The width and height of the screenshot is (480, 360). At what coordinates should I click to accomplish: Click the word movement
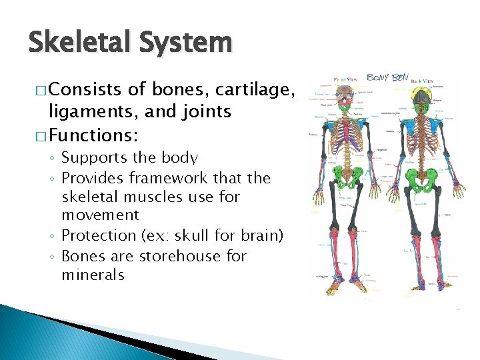[100, 215]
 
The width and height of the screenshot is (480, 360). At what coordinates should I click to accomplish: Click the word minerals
[93, 275]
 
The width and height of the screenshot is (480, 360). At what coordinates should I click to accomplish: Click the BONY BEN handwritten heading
[387, 78]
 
